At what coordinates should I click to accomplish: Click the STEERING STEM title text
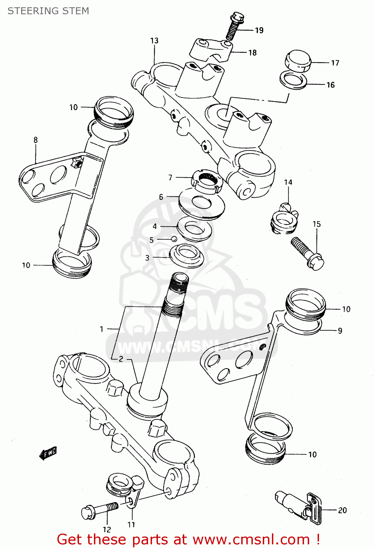(x=48, y=11)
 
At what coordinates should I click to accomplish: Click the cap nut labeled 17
(x=298, y=61)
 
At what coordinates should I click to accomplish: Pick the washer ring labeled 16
(x=293, y=80)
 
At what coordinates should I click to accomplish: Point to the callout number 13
(x=154, y=41)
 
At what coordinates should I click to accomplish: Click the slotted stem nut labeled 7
(x=207, y=180)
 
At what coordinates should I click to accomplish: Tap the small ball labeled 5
(x=174, y=239)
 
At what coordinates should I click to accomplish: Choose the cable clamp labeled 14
(x=284, y=220)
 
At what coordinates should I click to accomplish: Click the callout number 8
(x=35, y=140)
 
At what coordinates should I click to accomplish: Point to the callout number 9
(x=340, y=331)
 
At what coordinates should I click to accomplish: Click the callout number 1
(x=102, y=329)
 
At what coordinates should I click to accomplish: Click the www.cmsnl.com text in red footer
(x=251, y=540)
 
